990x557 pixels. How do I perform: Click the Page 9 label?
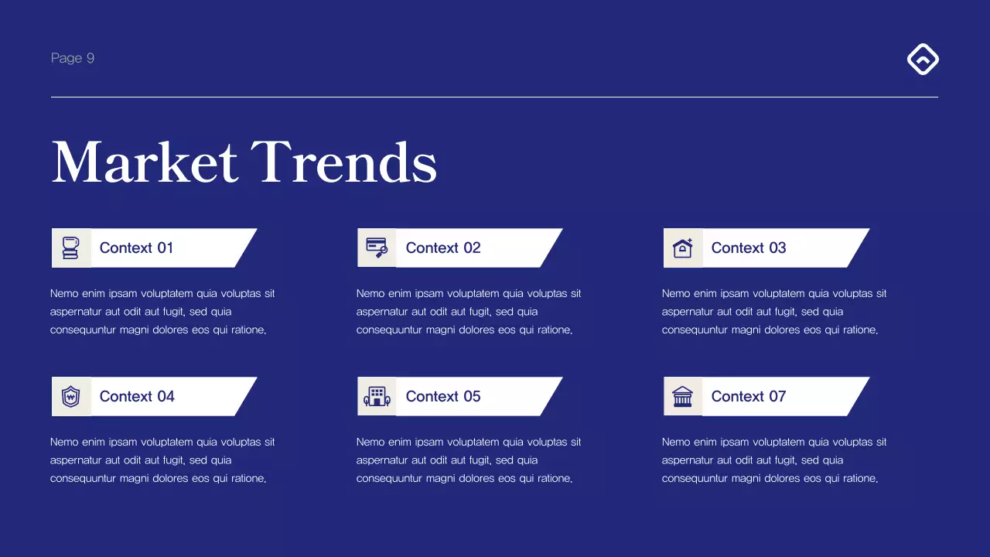[x=73, y=58]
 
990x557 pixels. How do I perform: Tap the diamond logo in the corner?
[x=923, y=60]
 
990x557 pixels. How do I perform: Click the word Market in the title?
[x=145, y=162]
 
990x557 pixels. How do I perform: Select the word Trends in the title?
[x=344, y=162]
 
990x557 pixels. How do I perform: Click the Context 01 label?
[x=136, y=248]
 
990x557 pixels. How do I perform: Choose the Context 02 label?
[x=443, y=248]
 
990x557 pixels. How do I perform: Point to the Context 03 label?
[x=749, y=248]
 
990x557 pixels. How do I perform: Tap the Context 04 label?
[x=137, y=396]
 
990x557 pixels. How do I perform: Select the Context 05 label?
[x=443, y=396]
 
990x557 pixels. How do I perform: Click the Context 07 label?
[x=749, y=396]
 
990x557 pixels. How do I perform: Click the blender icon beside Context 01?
[x=71, y=248]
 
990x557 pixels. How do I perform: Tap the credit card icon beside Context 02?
[x=377, y=248]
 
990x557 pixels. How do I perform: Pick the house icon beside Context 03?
[x=682, y=248]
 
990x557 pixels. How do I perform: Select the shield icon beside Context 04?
[x=71, y=397]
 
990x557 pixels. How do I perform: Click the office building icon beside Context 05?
[x=377, y=397]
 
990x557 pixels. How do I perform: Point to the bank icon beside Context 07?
[x=682, y=397]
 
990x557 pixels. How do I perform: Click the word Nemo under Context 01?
[x=64, y=294]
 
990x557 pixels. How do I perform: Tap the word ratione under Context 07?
[x=858, y=479]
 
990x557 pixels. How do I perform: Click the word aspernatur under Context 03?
[x=688, y=312]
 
